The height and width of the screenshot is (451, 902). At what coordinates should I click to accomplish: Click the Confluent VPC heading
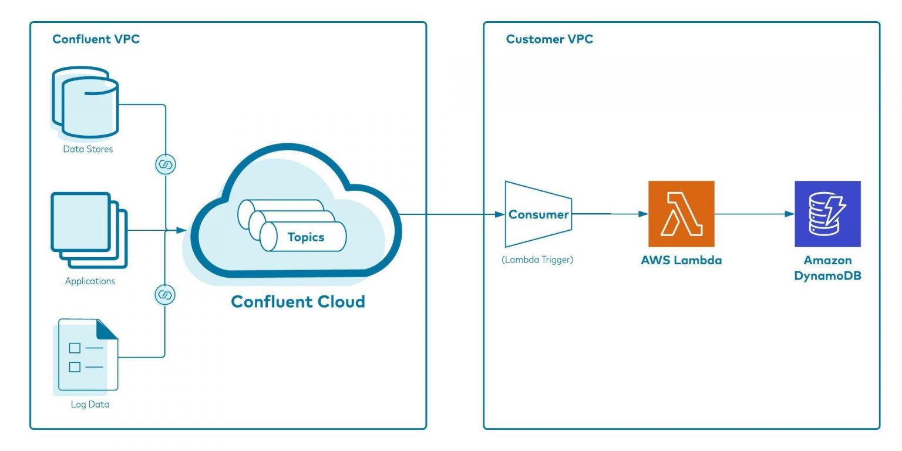pos(96,39)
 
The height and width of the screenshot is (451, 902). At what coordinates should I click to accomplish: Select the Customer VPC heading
pos(549,39)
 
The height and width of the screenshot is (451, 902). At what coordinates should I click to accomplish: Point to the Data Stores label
pos(88,149)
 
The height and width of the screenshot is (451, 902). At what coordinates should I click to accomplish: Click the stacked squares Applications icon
pos(89,230)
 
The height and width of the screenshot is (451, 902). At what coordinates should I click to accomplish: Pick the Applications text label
pos(90,281)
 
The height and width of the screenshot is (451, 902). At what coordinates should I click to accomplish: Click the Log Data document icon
pos(87,355)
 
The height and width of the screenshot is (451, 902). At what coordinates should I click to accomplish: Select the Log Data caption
pos(90,405)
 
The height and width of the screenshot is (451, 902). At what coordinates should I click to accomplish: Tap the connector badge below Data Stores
pos(165,164)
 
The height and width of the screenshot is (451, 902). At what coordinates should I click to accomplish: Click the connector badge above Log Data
pos(165,295)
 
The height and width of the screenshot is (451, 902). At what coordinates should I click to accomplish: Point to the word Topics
pos(305,237)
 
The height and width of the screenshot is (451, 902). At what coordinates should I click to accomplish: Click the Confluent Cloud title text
pos(298,302)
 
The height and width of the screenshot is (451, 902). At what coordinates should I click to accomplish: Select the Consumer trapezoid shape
pos(538,214)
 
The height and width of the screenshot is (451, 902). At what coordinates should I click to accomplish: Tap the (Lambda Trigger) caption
pos(537,260)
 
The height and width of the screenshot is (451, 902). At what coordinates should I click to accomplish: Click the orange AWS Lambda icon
pos(681,214)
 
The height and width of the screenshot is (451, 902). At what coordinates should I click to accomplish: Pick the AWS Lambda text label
pos(681,260)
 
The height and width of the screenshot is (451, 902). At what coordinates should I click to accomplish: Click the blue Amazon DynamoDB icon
pos(827,214)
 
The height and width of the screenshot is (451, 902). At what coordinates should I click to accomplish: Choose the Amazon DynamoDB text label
pos(827,268)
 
